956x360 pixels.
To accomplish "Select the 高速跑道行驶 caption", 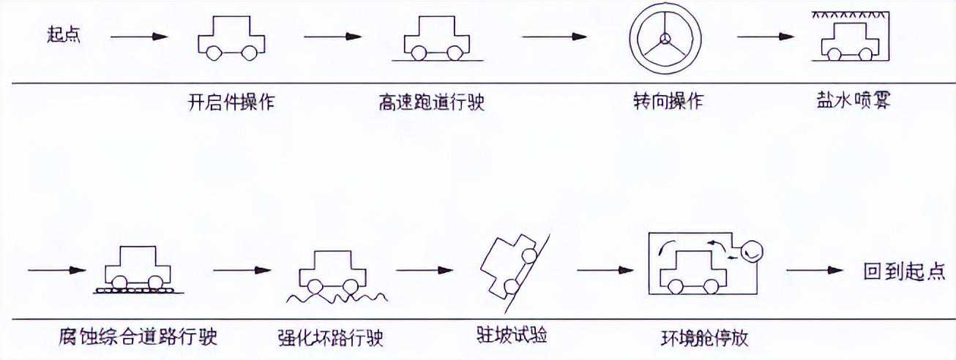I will pyautogui.click(x=431, y=102).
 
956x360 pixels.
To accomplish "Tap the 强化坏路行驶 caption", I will pyautogui.click(x=332, y=339).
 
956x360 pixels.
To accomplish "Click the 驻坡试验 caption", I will pyautogui.click(x=512, y=335).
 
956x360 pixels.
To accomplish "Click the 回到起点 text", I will pyautogui.click(x=905, y=271).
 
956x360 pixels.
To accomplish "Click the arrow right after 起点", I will pyautogui.click(x=139, y=36).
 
